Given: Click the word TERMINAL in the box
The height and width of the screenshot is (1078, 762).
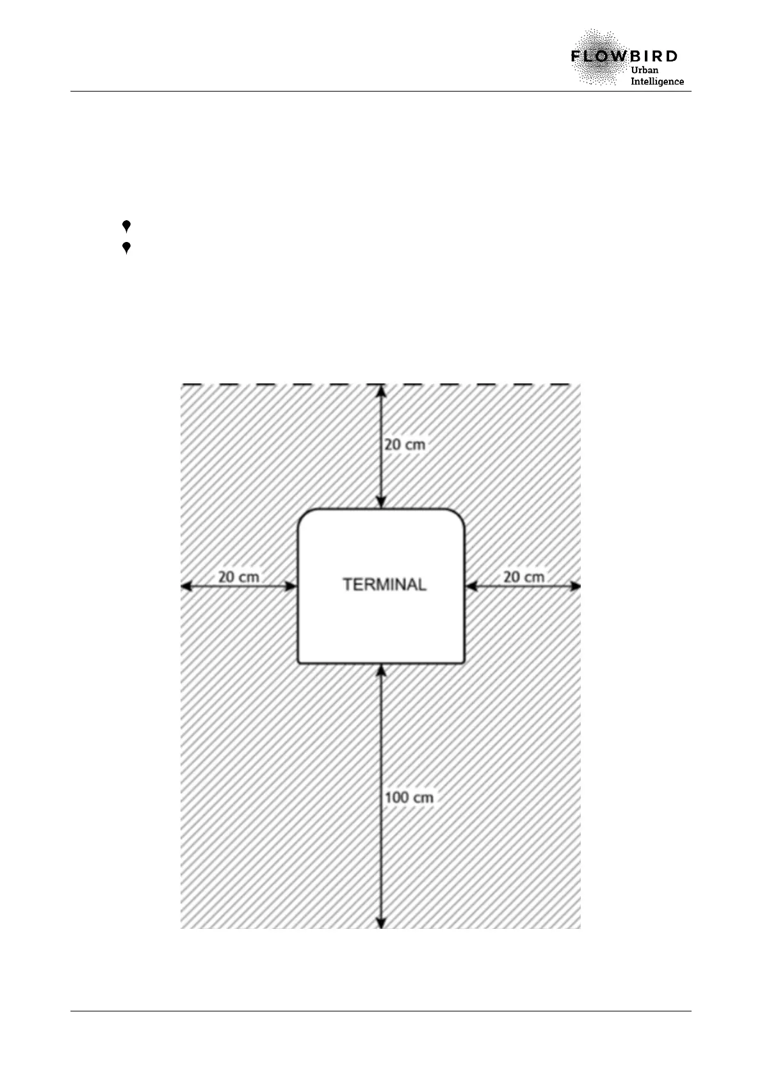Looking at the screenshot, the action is pos(384,584).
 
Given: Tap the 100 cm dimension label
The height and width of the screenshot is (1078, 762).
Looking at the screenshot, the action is pos(409,798).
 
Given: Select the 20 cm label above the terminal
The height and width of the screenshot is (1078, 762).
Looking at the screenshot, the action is pos(404,444).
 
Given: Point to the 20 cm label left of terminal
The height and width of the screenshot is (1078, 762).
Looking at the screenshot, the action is pos(239,577).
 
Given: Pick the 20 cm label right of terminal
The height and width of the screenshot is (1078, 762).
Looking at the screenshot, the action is pos(524,577).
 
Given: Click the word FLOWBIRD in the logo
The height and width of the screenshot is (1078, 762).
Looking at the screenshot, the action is pos(624,56).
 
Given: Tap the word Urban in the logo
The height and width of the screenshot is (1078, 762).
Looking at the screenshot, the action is pos(645,69).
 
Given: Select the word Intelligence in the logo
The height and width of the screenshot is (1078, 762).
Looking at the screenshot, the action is pos(657,81).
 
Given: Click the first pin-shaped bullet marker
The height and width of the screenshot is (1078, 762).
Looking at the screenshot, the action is pos(127,226).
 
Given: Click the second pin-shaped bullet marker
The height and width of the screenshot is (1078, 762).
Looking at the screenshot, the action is pos(127,248).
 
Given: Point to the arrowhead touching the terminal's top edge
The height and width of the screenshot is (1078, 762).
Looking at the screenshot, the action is pos(381,503).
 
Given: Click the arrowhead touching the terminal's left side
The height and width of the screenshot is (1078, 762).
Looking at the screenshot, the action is pos(292,586).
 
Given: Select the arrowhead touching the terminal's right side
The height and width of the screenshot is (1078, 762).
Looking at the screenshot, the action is pos(471,586).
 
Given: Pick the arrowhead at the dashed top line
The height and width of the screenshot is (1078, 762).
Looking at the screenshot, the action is pos(381,390).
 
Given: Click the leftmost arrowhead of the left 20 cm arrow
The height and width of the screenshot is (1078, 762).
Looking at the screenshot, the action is pos(186,586).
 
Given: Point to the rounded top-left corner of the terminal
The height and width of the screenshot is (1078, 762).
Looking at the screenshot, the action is pos(305,516).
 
